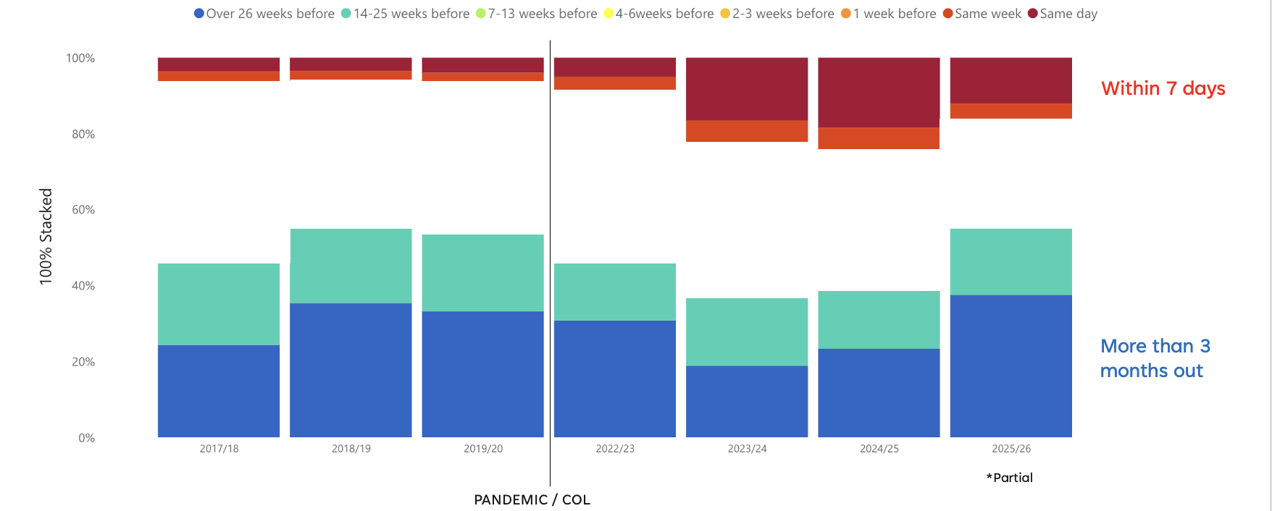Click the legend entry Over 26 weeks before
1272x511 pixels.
[x=264, y=14]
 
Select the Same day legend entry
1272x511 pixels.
[x=1063, y=14]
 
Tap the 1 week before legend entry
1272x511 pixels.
[x=889, y=14]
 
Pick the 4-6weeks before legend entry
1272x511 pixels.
[x=658, y=14]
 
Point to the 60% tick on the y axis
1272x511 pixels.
[x=83, y=210]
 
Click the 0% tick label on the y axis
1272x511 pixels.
[x=86, y=438]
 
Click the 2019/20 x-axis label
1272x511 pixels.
[x=483, y=449]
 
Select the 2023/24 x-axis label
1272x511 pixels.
[x=747, y=449]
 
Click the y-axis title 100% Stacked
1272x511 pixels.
[x=46, y=237]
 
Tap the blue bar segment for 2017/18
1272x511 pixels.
[x=219, y=391]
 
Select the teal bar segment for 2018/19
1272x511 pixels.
[x=351, y=266]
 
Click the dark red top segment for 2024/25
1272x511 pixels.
[x=879, y=93]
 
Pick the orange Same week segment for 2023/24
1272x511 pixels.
[x=747, y=131]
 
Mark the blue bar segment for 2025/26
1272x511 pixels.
[x=1011, y=366]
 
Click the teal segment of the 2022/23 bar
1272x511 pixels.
[x=614, y=292]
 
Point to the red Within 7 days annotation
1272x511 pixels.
[x=1163, y=88]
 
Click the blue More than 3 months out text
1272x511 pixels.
[x=1154, y=358]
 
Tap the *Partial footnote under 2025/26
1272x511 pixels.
[x=1009, y=478]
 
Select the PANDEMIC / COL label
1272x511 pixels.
[x=532, y=499]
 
